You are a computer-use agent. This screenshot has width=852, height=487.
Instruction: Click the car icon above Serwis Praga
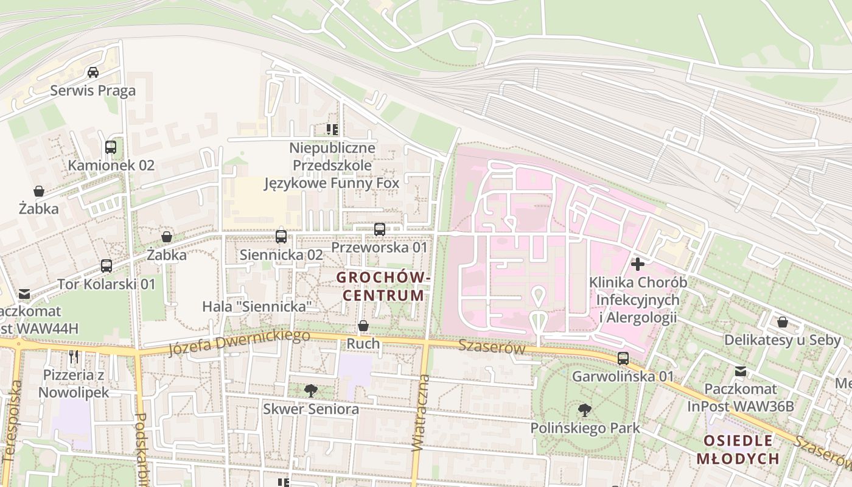point(93,72)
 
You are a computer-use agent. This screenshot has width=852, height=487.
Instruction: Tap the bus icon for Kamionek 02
point(110,147)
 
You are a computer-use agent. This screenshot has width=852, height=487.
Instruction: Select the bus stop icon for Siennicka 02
point(281,237)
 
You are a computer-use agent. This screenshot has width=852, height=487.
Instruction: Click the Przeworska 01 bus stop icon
point(380,229)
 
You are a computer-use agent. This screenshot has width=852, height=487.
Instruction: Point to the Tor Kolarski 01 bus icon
point(106,266)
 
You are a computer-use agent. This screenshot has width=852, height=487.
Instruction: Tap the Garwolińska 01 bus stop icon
point(623,359)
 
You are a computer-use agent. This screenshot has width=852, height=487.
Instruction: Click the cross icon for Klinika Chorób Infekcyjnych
point(638,264)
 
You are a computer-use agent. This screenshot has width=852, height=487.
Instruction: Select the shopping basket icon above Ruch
point(363,326)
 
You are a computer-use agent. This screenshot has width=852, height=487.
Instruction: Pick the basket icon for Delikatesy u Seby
point(783,322)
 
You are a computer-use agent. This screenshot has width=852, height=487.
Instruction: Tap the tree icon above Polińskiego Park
point(585,410)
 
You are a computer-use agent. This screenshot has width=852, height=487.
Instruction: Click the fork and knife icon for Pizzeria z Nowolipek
point(74,356)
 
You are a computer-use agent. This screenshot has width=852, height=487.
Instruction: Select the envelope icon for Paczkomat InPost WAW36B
point(741,371)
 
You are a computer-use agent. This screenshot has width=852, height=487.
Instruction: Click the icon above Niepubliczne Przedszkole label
point(332,129)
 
